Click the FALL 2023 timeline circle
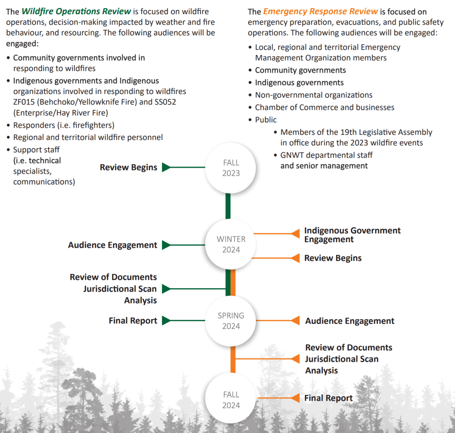point(231,168)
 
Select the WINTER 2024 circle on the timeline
point(231,244)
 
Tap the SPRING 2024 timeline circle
point(231,320)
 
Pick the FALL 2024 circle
point(231,399)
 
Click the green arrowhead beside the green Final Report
point(166,320)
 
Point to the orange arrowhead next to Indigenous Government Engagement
point(295,233)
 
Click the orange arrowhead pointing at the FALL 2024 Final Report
point(295,398)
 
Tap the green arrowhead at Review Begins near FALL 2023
point(166,167)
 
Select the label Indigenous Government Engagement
point(352,235)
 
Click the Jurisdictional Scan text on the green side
point(120,289)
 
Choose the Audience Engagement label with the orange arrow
point(349,321)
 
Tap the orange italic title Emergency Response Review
point(320,11)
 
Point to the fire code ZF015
point(24,102)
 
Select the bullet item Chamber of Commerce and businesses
point(324,107)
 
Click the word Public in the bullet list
point(265,120)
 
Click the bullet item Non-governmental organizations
point(313,95)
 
